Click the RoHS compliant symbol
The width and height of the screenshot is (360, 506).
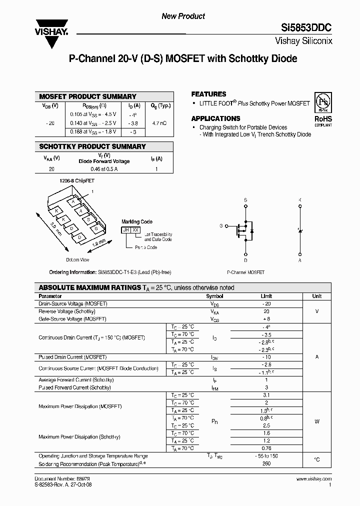[322, 110]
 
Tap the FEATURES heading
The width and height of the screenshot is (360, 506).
[208, 94]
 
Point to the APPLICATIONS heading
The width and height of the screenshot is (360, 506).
[215, 118]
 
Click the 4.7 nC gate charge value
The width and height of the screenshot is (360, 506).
[159, 122]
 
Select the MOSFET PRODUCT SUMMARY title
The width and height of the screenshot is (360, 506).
[87, 96]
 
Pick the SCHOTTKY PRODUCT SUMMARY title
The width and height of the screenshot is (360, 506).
[92, 146]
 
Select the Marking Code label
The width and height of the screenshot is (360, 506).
[137, 221]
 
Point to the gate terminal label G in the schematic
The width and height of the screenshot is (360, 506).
[220, 225]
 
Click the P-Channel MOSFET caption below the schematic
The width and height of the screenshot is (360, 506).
[245, 272]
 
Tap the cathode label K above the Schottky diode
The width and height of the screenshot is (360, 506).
[300, 200]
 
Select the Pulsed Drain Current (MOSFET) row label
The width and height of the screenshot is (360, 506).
[72, 357]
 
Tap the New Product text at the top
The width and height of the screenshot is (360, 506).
[183, 16]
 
